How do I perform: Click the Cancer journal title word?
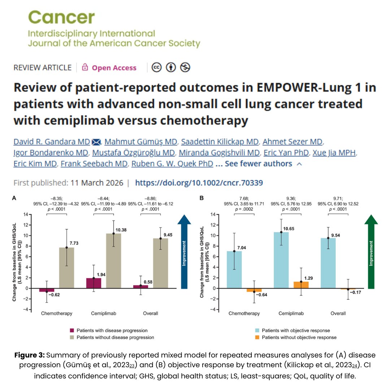[x=61, y=18]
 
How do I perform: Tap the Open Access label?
[x=114, y=68]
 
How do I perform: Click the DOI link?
[x=199, y=183]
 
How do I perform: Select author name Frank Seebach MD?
[x=94, y=164]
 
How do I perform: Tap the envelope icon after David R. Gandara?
[x=96, y=141]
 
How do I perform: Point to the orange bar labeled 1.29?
[x=301, y=285]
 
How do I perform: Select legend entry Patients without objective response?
[x=299, y=338]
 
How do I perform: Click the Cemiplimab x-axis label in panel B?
[x=291, y=313]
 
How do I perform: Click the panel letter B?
[x=201, y=198]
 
